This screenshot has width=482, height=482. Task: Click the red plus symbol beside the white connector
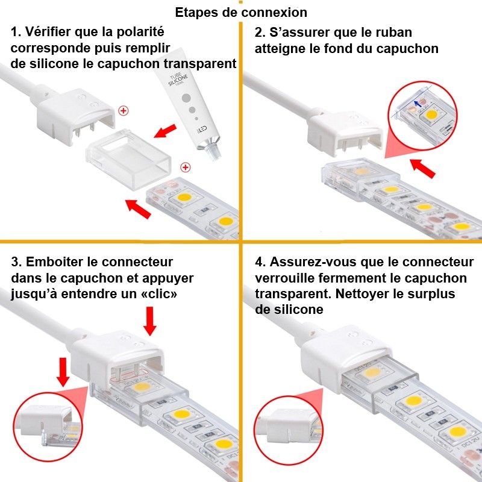tap(124, 110)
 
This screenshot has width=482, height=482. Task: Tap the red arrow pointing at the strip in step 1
tap(139, 208)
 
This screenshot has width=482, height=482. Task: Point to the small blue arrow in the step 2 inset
tap(416, 106)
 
